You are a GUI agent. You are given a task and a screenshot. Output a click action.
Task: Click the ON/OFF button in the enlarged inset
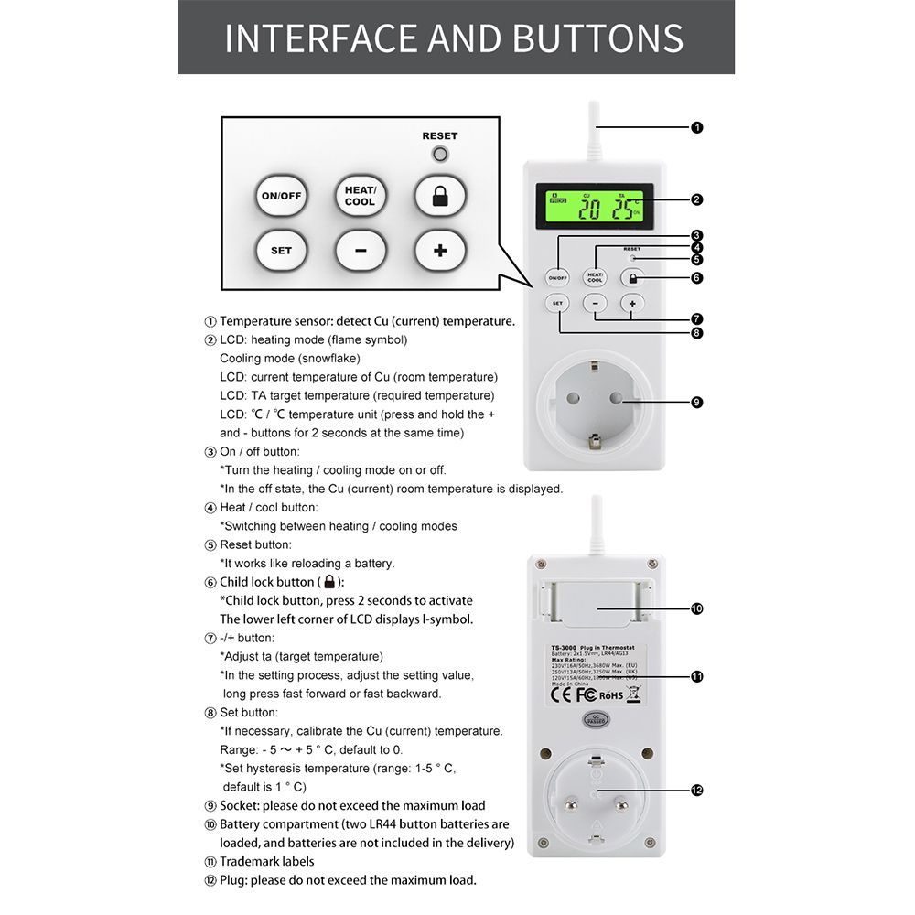[281, 195]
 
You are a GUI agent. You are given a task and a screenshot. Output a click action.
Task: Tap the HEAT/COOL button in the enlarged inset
[360, 195]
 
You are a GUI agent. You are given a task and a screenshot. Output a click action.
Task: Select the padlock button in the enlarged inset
[440, 195]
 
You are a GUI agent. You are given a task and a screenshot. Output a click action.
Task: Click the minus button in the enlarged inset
[360, 250]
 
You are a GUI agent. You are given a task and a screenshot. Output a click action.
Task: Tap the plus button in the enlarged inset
[440, 250]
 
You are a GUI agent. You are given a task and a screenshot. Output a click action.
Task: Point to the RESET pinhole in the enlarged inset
[440, 154]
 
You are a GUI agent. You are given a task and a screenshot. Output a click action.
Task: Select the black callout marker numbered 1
[697, 127]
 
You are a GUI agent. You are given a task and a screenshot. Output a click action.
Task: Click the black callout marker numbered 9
[697, 401]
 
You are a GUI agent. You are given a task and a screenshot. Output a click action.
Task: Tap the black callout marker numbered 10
[697, 608]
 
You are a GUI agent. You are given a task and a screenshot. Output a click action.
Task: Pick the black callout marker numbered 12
[697, 790]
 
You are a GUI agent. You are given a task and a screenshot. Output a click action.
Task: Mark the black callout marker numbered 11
[697, 677]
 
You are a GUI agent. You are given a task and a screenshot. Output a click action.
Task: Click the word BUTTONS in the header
[598, 38]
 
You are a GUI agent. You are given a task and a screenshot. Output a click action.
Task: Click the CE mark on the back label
[560, 694]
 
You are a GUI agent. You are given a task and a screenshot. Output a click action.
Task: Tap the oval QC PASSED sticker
[596, 718]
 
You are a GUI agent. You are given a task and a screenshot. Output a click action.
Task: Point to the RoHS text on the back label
[611, 695]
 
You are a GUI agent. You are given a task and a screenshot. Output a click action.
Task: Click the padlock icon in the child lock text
[330, 582]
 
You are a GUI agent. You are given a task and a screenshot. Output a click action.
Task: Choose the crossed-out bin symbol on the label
[634, 693]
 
